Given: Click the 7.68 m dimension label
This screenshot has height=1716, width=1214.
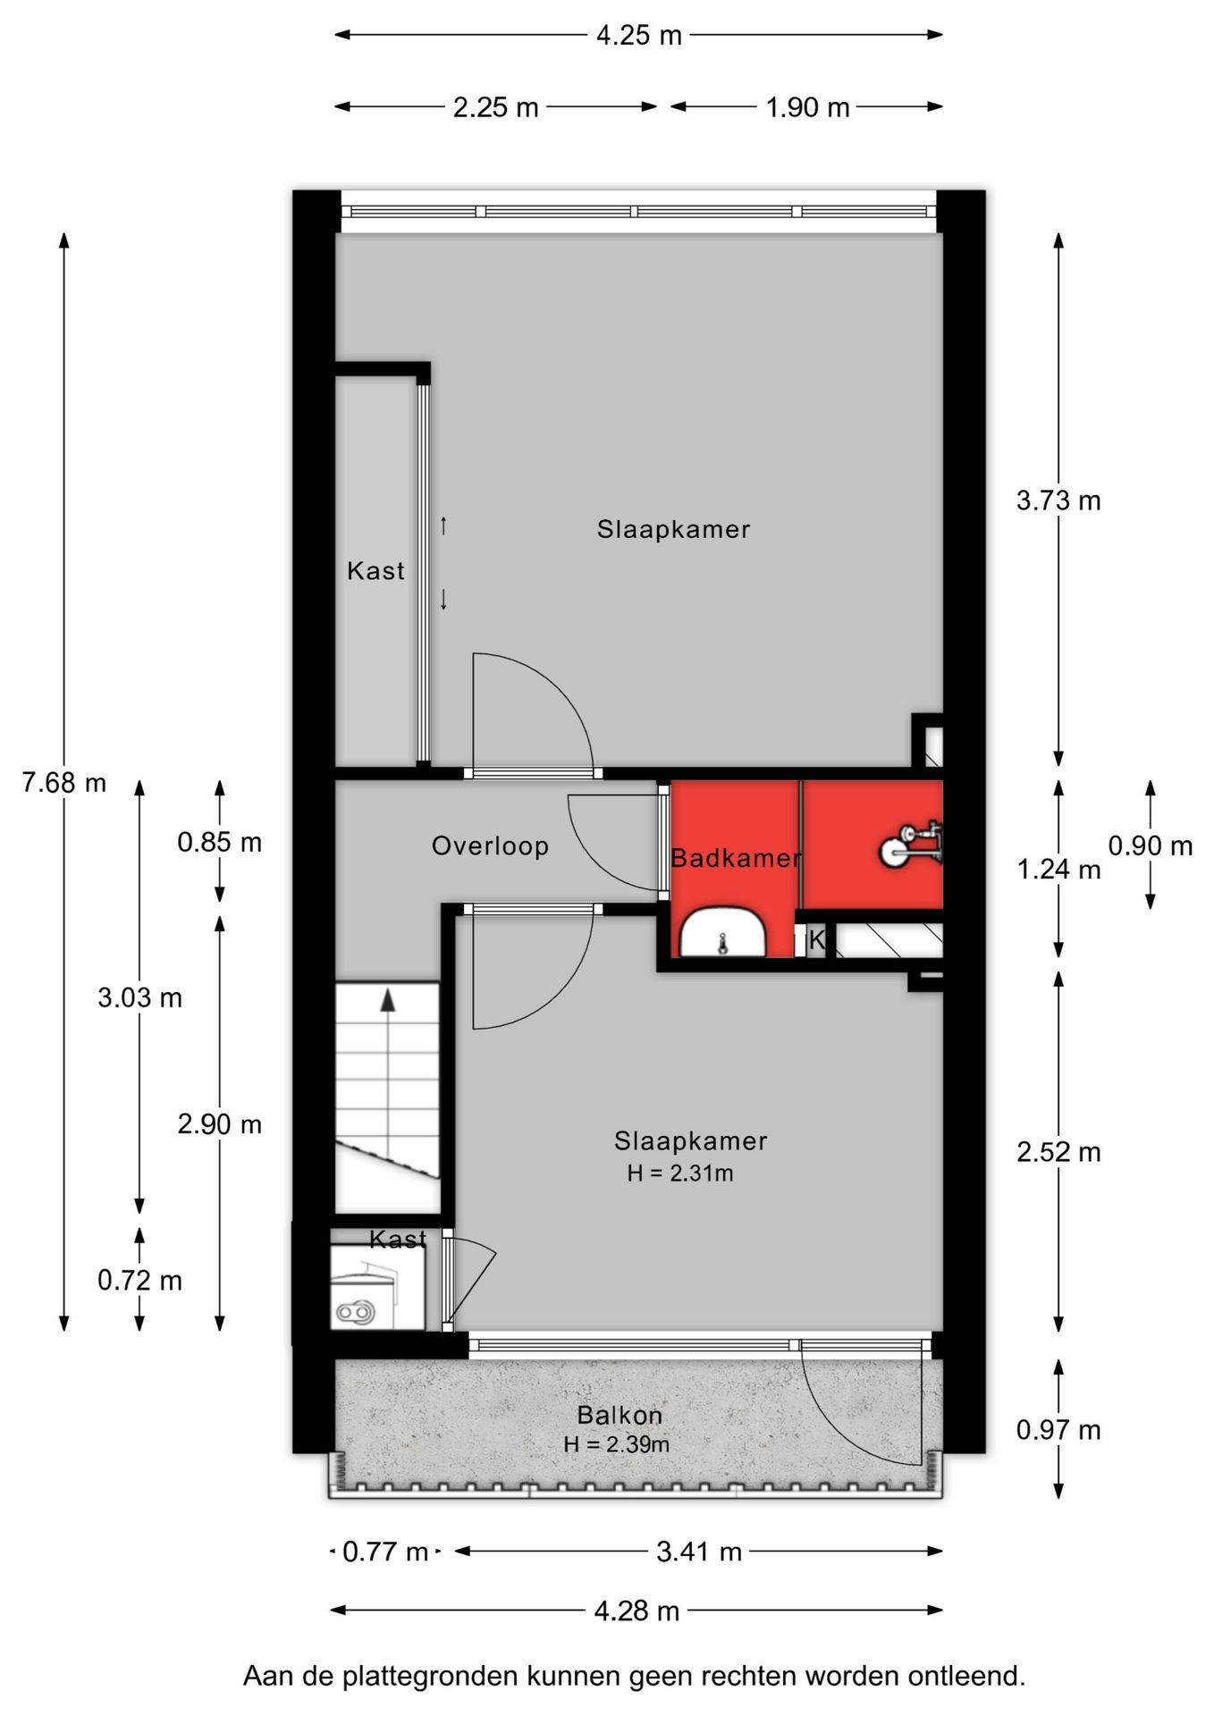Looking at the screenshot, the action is (64, 783).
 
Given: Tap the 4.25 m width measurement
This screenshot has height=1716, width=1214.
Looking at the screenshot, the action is (639, 36).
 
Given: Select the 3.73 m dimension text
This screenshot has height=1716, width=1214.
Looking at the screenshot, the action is (1058, 500).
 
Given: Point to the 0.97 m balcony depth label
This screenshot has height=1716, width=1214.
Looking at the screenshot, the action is (1058, 1430).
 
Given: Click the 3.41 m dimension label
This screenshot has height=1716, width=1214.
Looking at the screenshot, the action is (699, 1552).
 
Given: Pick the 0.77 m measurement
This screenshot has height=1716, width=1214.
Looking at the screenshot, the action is (385, 1552).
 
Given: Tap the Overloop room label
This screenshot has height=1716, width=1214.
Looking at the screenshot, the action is (490, 845).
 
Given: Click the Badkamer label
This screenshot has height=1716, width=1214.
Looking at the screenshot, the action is (735, 858).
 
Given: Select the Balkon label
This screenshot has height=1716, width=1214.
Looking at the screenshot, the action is (620, 1415).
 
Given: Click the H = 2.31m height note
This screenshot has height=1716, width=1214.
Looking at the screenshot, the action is (679, 1173).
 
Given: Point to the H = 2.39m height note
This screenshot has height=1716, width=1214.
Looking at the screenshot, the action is (616, 1443).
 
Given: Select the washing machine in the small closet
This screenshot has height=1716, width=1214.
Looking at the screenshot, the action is (365, 1293).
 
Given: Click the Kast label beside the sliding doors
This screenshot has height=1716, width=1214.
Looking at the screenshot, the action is (375, 570).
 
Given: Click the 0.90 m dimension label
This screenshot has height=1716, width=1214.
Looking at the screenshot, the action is (1151, 845).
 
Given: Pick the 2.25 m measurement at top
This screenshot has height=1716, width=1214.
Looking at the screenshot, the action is (495, 107).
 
